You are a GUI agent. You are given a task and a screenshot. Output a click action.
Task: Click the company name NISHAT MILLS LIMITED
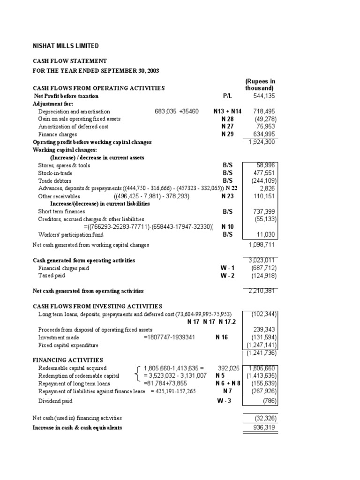tap(66, 46)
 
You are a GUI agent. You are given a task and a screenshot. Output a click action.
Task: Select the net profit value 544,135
tap(264, 96)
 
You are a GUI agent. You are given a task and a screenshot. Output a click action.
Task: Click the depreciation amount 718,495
tap(264, 112)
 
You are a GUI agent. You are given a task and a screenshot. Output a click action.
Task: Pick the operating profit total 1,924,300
tap(262, 142)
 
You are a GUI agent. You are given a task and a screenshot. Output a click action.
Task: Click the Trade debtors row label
tap(54, 180)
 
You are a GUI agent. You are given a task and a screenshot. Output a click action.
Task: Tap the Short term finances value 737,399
tap(264, 211)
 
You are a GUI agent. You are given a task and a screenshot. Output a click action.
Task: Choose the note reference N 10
tap(227, 227)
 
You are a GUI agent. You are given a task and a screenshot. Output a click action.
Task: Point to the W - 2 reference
tap(227, 276)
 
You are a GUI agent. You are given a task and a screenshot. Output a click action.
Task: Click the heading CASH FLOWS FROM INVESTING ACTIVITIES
tap(97, 306)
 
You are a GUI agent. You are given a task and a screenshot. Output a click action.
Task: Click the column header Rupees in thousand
tap(260, 84)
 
